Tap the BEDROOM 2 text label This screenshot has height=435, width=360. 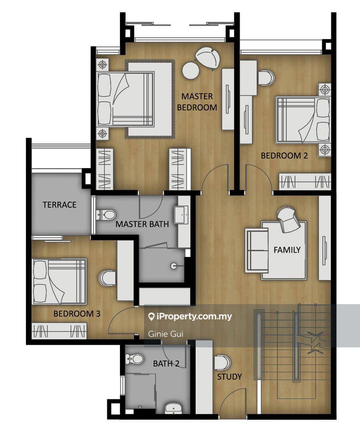pos(284,156)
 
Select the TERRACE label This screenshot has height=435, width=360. pos(59,205)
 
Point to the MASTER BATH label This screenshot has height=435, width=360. pos(142,224)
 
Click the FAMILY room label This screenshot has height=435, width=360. pos(287,250)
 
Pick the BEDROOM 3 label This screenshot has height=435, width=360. pos(77,314)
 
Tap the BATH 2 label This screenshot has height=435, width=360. pos(166,363)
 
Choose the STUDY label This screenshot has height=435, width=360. pos(230,377)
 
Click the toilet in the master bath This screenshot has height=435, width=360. pos(106,215)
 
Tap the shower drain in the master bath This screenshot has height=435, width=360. pos(174,265)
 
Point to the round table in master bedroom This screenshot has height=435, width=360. pos(191,70)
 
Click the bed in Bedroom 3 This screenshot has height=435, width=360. pos(59,281)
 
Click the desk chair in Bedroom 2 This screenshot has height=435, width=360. pos(266,78)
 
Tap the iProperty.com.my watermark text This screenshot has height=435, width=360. pos(190,317)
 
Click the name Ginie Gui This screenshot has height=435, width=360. pos(166,334)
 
